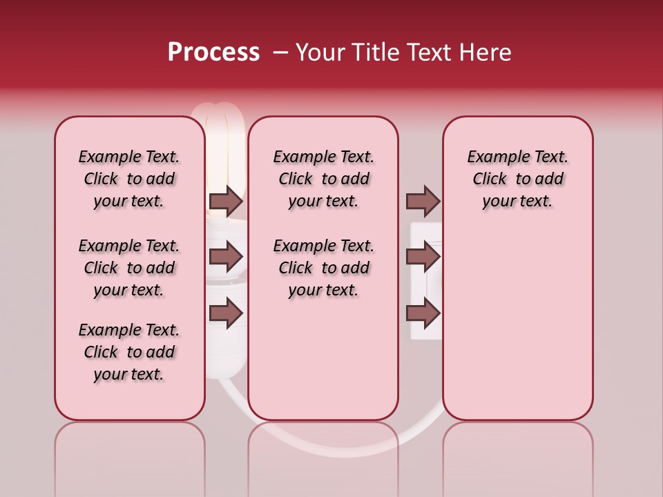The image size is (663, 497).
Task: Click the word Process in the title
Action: tap(213, 52)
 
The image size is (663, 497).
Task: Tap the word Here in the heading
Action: tap(487, 52)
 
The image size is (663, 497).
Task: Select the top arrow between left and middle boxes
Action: tap(226, 201)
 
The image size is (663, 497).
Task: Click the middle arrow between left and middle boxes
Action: tap(226, 257)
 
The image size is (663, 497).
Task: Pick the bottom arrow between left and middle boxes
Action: tap(226, 313)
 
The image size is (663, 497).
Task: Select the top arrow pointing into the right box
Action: tap(423, 201)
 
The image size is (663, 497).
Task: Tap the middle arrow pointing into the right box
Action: tap(423, 257)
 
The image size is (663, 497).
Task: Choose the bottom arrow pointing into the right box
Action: tap(423, 313)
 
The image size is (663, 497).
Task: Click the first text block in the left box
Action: tap(129, 179)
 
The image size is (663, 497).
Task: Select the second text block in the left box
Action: tap(129, 268)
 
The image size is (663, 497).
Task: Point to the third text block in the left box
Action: tap(129, 352)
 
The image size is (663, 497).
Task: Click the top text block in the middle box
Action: tap(323, 179)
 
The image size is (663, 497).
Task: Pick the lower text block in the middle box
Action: tap(323, 268)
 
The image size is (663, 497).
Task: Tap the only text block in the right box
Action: tap(517, 179)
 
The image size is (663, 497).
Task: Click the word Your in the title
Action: tap(320, 52)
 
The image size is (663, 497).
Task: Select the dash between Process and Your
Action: tap(280, 52)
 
